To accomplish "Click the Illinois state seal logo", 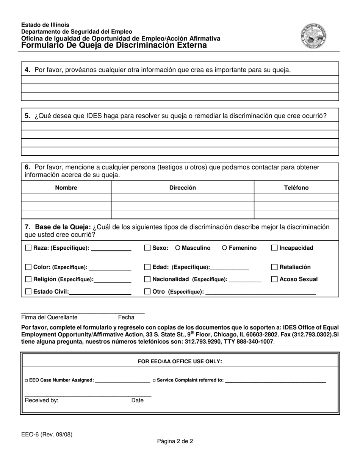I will point(313,36).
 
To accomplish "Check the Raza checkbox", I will point(28,248).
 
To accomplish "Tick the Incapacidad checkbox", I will point(275,248).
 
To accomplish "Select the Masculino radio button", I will point(178,248).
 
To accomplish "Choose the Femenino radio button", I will point(225,248).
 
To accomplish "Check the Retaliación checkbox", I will point(275,267).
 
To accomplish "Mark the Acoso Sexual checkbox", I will point(275,279).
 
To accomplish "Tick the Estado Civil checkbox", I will point(28,292).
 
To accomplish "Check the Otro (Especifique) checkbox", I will point(148,292).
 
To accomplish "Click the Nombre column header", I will point(66,188).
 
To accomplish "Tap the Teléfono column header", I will point(296,188).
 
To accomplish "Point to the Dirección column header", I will point(182,188).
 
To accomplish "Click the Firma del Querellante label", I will point(49,317).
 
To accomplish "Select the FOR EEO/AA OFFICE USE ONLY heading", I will point(180,361).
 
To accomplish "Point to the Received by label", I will point(41,400).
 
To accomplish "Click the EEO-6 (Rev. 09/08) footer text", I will point(47,435).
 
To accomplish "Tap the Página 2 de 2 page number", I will point(175,441).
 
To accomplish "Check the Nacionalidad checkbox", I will point(148,279).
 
